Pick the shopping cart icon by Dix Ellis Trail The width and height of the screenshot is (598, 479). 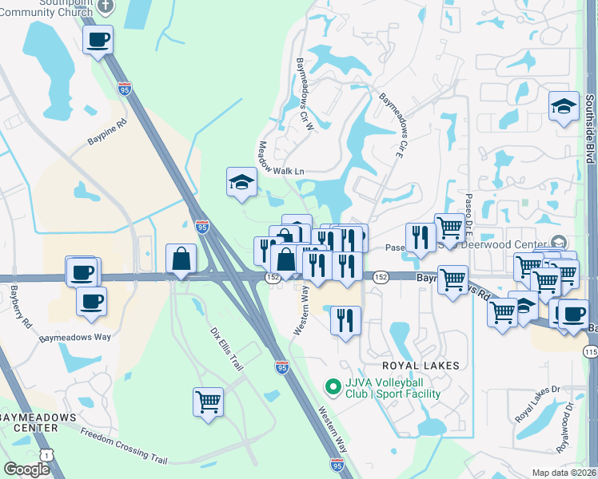pyautogui.click(x=208, y=401)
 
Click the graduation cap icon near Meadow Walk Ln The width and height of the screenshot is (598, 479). pyautogui.click(x=241, y=182)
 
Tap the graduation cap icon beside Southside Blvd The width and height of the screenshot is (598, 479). pyautogui.click(x=564, y=107)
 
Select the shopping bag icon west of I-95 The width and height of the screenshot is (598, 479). pyautogui.click(x=181, y=259)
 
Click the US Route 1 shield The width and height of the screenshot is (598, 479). pyautogui.click(x=48, y=454)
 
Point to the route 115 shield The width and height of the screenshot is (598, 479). pyautogui.click(x=590, y=350)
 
